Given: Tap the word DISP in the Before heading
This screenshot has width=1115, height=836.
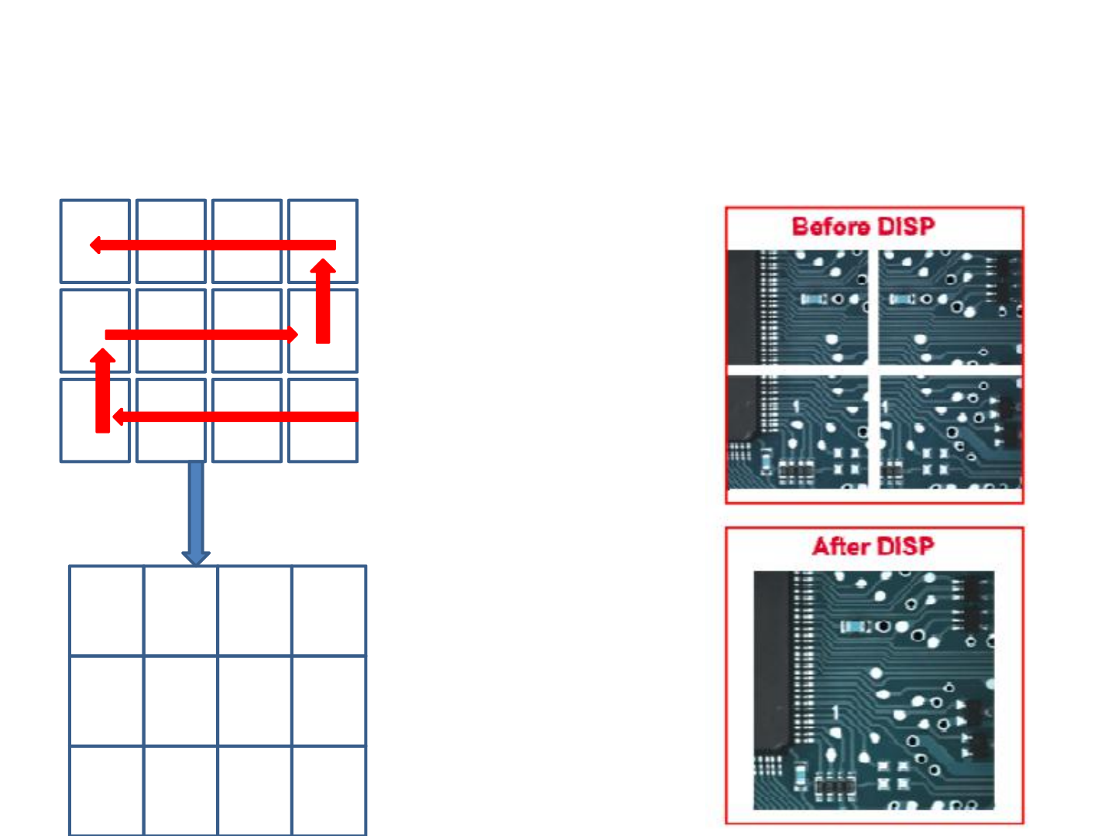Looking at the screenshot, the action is pos(907,227).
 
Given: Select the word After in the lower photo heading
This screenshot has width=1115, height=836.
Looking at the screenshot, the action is pos(842,546).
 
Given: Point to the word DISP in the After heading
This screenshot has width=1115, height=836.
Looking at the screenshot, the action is pos(906,546).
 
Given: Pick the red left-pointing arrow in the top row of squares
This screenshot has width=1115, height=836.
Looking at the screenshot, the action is pos(213,245).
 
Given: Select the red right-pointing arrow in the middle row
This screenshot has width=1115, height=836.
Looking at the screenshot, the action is pos(201,334).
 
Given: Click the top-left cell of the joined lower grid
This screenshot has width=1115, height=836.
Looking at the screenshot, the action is pos(106,611).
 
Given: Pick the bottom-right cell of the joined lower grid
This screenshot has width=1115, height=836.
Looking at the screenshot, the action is pos(329,790).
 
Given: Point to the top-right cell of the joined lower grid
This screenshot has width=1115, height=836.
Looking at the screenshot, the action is pos(329,611).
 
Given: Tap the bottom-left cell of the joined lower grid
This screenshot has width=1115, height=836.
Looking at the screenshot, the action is pos(106,790).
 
